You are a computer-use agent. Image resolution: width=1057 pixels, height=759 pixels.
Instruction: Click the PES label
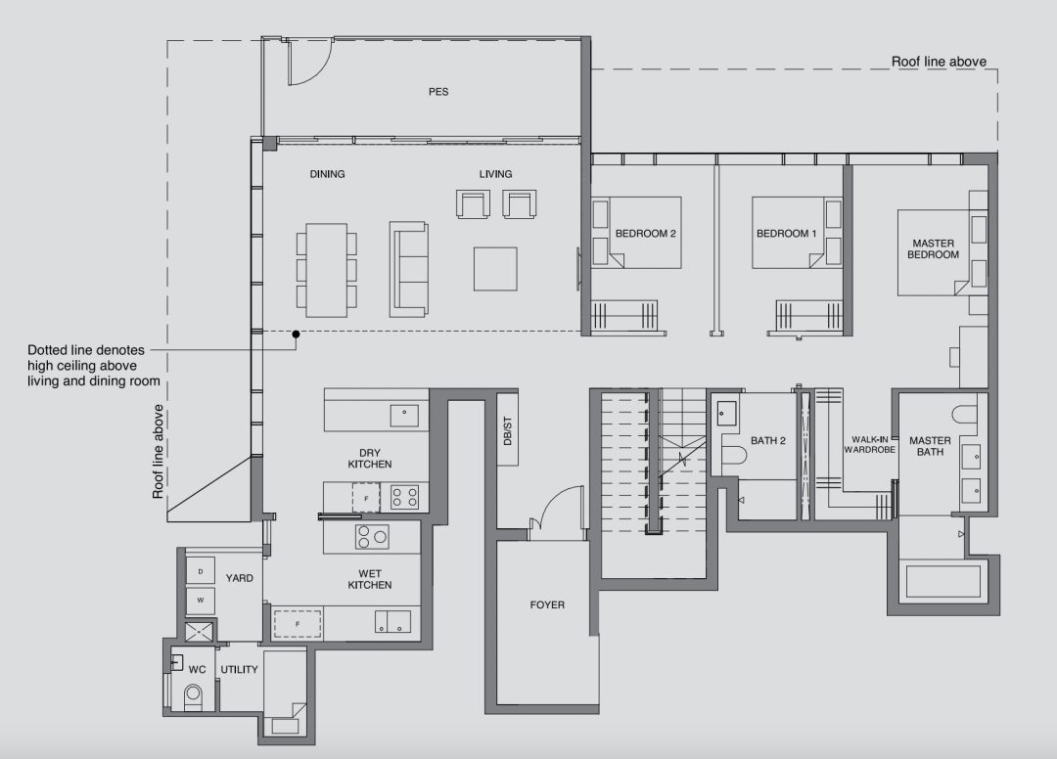click(x=438, y=92)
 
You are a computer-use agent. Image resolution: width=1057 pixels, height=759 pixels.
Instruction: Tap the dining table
click(x=326, y=270)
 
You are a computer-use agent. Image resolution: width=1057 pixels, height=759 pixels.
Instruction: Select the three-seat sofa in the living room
click(x=408, y=269)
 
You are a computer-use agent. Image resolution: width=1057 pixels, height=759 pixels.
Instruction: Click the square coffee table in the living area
click(x=495, y=269)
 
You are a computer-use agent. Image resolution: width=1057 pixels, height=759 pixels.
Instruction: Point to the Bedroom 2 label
click(x=645, y=234)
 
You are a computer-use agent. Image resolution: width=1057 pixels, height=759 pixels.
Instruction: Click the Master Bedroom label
click(x=933, y=248)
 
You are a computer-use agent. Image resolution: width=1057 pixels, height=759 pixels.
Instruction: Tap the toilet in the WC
click(x=193, y=697)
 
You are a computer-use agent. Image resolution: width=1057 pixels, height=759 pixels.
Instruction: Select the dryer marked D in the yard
click(x=201, y=572)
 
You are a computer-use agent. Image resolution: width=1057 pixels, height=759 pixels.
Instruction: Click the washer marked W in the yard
click(x=201, y=601)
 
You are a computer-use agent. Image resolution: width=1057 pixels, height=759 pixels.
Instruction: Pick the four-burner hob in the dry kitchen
click(x=405, y=498)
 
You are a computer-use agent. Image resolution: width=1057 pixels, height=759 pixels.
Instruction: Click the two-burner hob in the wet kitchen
click(x=372, y=537)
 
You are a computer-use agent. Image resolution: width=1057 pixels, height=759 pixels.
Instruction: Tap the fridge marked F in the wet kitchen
click(x=298, y=624)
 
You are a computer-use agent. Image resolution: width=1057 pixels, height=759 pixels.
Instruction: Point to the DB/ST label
click(x=508, y=431)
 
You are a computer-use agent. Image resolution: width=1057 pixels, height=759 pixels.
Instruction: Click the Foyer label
click(x=547, y=604)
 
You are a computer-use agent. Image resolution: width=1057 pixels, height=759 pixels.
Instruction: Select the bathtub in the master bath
click(x=943, y=582)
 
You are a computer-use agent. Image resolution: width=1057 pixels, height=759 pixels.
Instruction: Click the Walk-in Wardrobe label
click(x=870, y=444)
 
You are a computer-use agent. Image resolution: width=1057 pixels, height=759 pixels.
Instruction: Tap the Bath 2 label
click(x=768, y=440)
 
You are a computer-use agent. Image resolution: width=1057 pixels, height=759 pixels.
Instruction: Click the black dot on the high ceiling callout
click(x=296, y=335)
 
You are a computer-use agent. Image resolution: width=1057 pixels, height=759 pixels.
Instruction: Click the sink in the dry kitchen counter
click(x=404, y=416)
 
